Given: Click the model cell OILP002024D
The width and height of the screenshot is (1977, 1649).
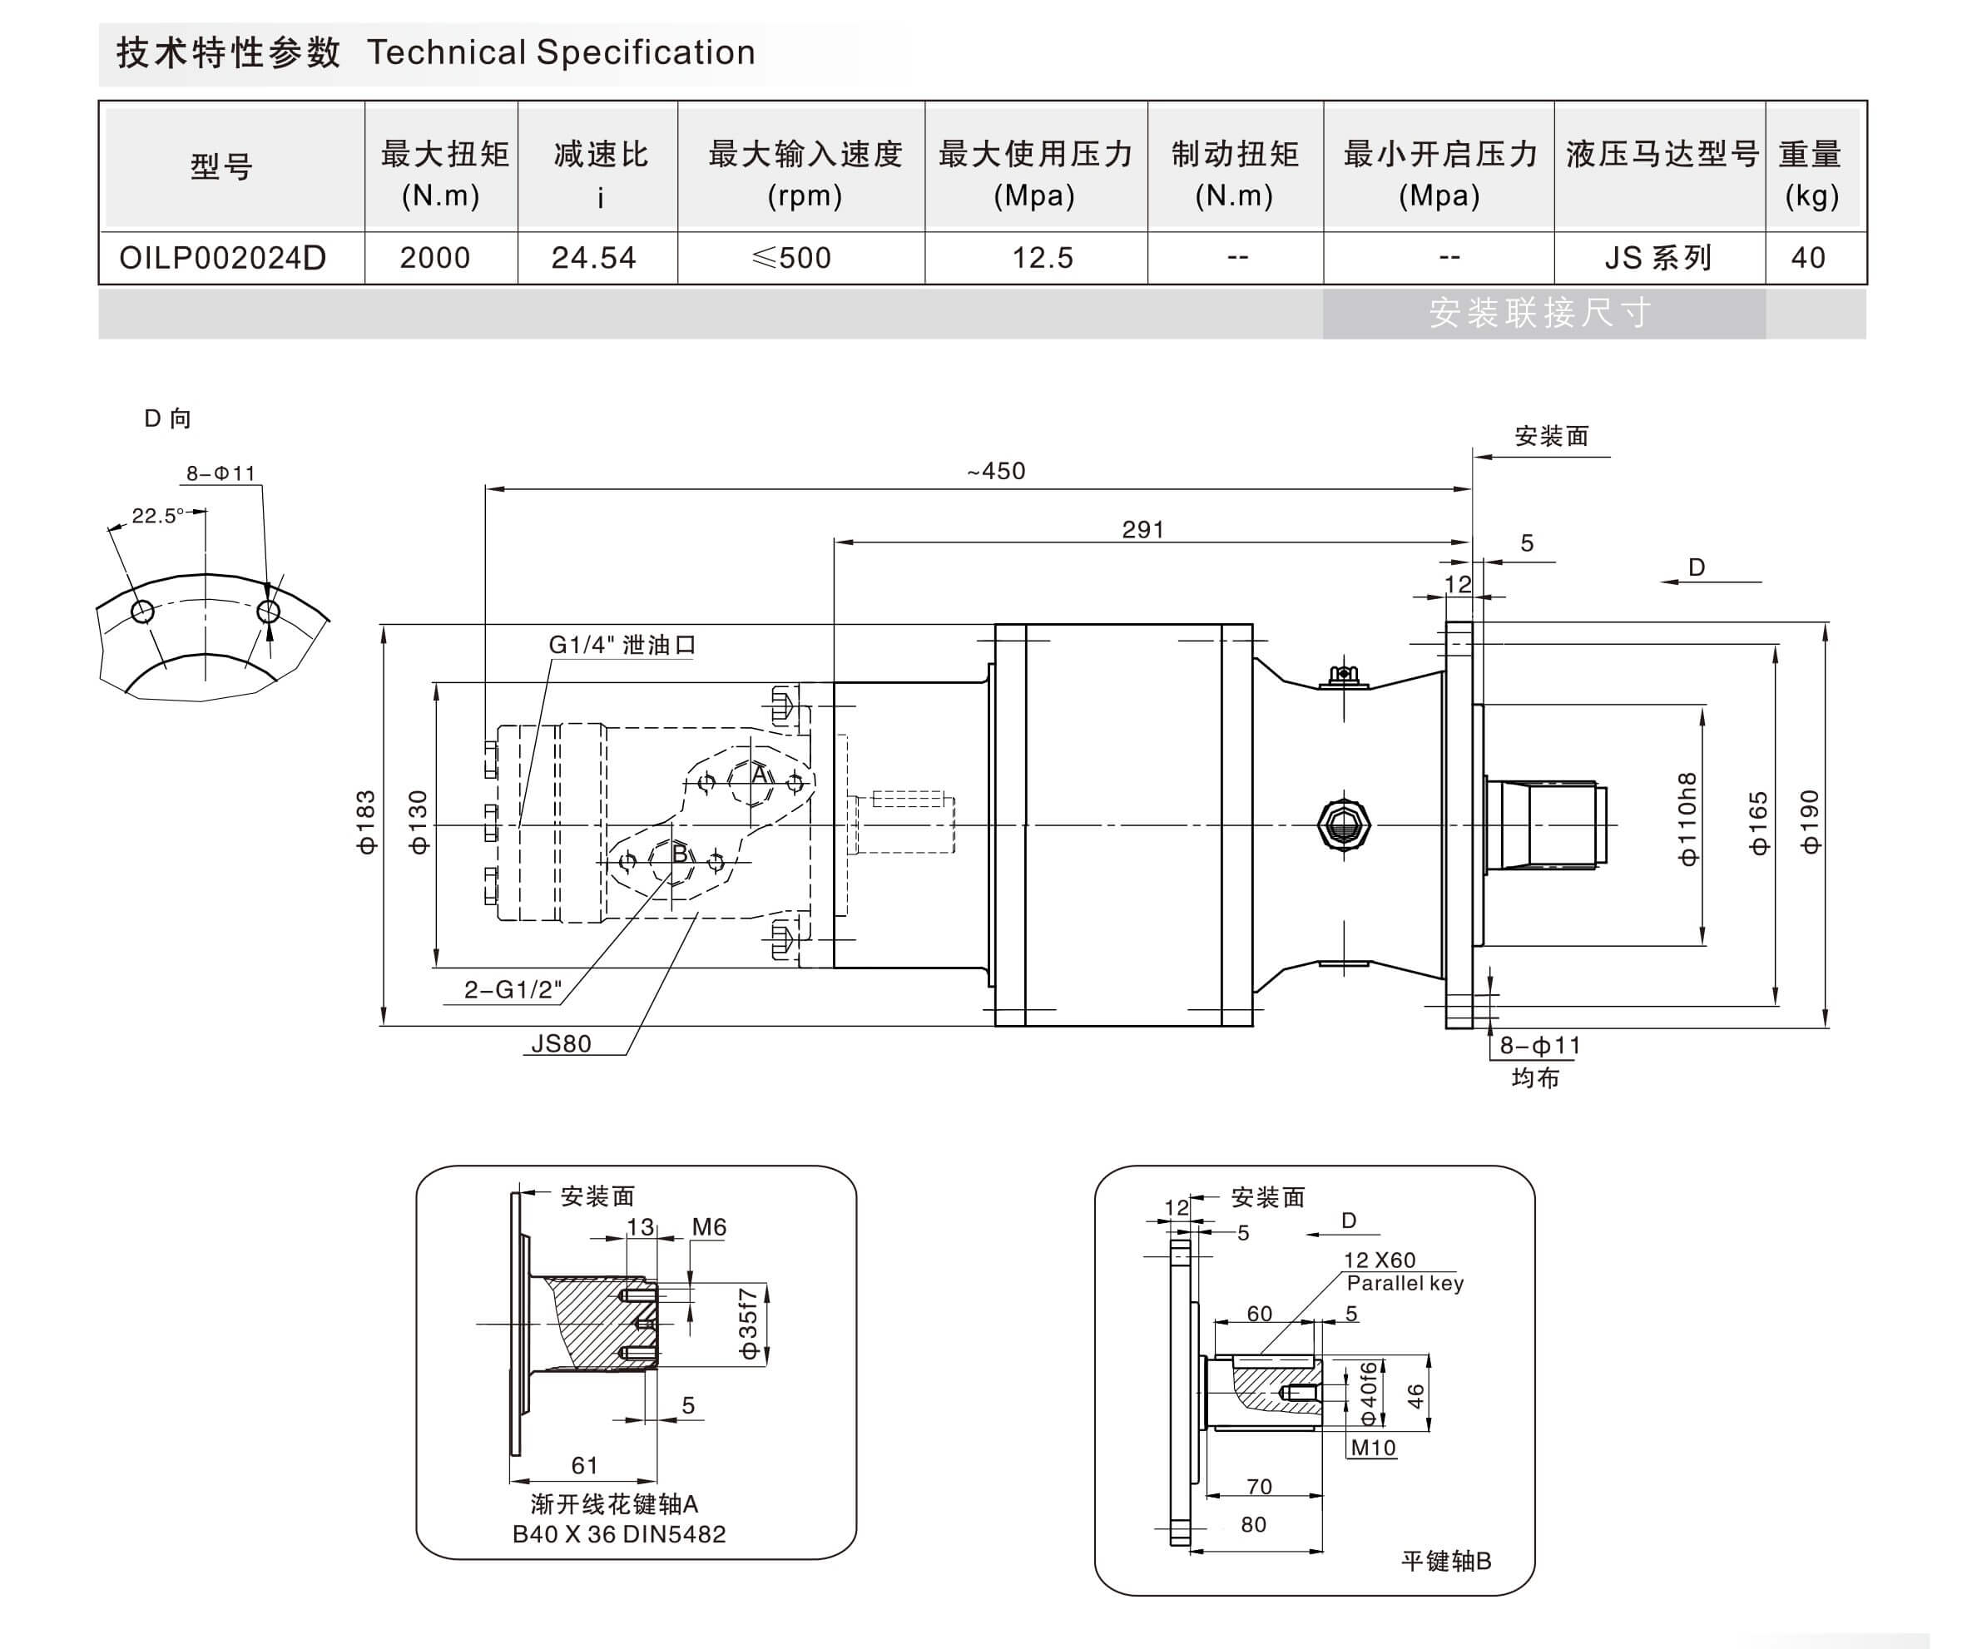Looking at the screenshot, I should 222,258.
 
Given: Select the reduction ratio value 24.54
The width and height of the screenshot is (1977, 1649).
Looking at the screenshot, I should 594,258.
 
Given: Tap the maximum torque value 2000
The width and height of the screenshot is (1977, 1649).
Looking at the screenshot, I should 435,258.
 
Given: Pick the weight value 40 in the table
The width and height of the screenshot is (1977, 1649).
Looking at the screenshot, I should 1807,258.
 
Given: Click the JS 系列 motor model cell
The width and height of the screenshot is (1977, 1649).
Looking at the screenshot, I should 1659,258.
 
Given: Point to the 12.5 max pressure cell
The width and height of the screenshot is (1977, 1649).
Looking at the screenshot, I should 1042,258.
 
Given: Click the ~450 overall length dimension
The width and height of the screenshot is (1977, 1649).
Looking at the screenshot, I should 996,471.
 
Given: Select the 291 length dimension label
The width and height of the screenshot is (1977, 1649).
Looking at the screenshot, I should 1143,529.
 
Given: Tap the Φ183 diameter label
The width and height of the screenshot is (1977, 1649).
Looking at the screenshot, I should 366,823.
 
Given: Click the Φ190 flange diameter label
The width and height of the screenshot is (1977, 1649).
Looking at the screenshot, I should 1810,823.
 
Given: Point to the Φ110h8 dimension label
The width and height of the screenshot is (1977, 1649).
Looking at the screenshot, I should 1688,819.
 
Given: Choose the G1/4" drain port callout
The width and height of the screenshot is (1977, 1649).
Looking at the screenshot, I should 622,645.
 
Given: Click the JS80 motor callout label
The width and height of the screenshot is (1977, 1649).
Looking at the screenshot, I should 561,1044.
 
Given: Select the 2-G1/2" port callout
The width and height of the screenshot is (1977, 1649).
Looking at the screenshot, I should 512,989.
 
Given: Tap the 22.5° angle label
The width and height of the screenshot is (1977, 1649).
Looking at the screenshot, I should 158,516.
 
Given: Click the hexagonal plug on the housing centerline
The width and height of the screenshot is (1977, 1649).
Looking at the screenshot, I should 1344,825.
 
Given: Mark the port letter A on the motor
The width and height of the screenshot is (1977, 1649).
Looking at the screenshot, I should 760,775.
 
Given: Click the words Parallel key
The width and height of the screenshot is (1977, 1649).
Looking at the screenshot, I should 1405,1283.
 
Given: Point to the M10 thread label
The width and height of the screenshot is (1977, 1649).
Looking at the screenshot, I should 1373,1448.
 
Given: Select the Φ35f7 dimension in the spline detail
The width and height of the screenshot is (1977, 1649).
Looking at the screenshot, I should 748,1324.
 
